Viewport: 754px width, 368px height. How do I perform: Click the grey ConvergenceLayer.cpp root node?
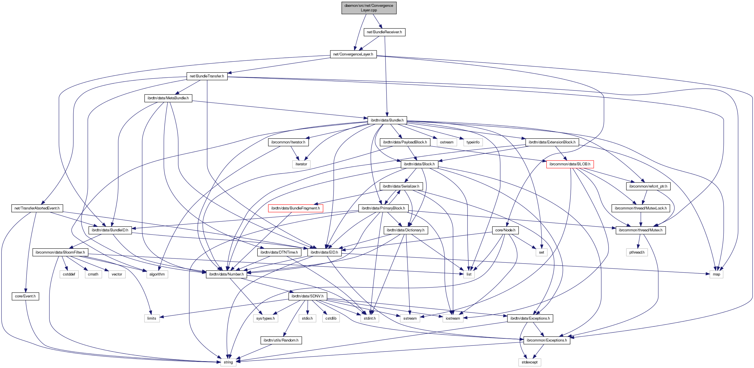369,8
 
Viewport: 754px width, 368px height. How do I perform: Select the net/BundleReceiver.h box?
384,32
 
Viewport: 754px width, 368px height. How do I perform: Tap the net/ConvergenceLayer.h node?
353,54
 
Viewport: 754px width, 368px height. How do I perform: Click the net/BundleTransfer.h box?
207,76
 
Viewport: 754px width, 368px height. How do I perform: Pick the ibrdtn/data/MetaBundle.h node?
168,98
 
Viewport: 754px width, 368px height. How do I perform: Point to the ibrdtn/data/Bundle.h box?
387,120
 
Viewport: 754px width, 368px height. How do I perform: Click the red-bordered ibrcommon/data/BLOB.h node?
570,164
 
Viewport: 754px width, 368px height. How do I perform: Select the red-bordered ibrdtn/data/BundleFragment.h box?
295,208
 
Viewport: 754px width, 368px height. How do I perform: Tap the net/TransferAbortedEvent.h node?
37,208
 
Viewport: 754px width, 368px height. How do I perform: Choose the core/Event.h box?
25,296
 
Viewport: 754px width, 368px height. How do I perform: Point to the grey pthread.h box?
637,252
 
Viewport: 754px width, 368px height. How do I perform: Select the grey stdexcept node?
529,362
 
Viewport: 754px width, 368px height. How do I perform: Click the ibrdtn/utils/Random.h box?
281,340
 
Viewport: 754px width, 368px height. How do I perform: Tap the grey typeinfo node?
473,142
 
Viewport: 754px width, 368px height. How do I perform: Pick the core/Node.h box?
505,230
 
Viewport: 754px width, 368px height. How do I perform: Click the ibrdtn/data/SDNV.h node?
307,296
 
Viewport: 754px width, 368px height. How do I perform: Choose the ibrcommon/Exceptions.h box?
546,340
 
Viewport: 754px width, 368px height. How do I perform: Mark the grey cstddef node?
69,274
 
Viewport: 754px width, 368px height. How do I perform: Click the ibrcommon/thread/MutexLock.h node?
641,208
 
